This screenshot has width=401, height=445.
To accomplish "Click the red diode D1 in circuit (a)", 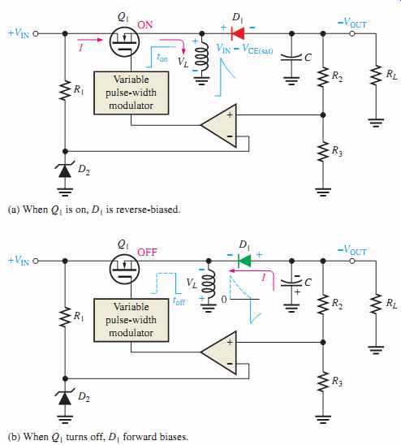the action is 238,33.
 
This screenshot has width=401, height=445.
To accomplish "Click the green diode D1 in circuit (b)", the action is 244,261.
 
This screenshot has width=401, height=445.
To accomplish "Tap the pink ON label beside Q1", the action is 145,25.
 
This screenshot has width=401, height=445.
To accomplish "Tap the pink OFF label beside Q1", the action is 147,253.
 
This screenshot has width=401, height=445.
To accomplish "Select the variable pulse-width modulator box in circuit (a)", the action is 132,93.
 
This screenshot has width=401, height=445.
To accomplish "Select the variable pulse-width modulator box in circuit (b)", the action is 132,320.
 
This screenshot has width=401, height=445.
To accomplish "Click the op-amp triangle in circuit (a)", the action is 219,125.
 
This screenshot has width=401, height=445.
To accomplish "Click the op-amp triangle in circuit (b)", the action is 219,352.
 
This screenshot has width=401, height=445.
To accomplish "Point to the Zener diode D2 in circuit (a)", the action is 65,171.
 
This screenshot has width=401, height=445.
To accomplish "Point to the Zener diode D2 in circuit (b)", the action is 65,398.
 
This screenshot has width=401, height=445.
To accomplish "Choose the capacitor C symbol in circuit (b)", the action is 291,283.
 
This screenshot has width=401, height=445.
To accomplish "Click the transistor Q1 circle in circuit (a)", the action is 124,41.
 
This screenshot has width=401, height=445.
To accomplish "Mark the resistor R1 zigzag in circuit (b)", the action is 65,317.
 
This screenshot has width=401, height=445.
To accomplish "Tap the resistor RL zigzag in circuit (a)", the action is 376,75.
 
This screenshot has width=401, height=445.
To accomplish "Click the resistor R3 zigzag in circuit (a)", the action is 323,152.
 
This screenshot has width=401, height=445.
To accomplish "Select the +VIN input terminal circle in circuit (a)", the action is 36,33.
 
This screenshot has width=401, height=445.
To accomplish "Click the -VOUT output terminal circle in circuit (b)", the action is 352,261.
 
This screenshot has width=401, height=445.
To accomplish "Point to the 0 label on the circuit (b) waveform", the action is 224,300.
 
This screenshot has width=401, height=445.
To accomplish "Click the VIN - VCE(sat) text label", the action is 244,49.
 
